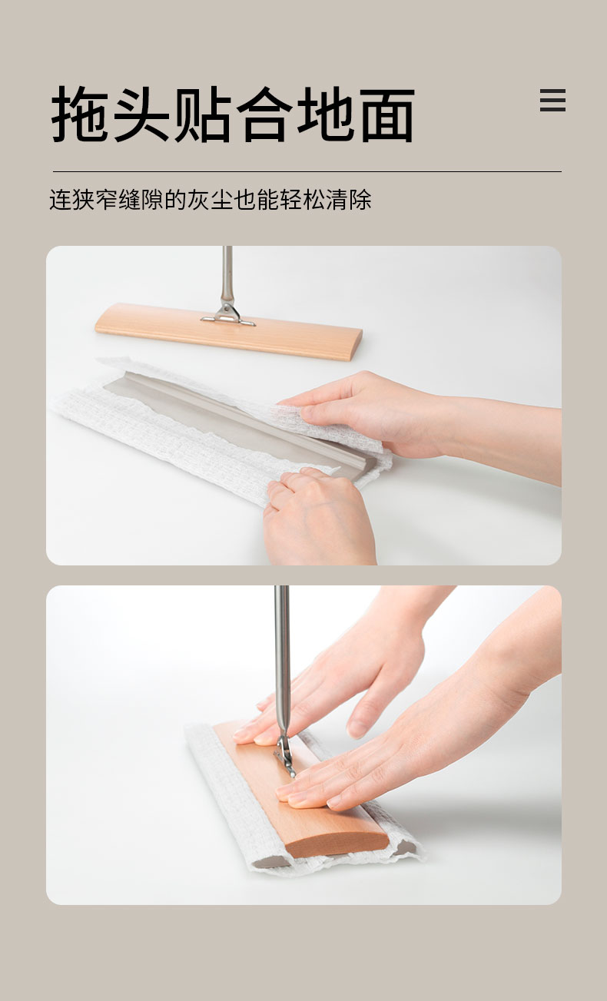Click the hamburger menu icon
tap(552, 100)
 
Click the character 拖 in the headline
tap(80, 114)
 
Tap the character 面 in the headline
tap(387, 114)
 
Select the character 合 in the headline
tap(264, 114)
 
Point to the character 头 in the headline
tap(141, 114)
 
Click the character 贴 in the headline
tap(203, 114)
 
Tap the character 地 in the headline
tap(327, 114)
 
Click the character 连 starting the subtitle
tap(60, 199)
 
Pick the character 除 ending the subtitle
tap(360, 199)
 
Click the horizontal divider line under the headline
tap(307, 171)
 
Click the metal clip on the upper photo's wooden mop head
tap(228, 313)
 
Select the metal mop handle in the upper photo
tap(227, 274)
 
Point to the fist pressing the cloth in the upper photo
tap(319, 516)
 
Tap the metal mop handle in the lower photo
tap(281, 661)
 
